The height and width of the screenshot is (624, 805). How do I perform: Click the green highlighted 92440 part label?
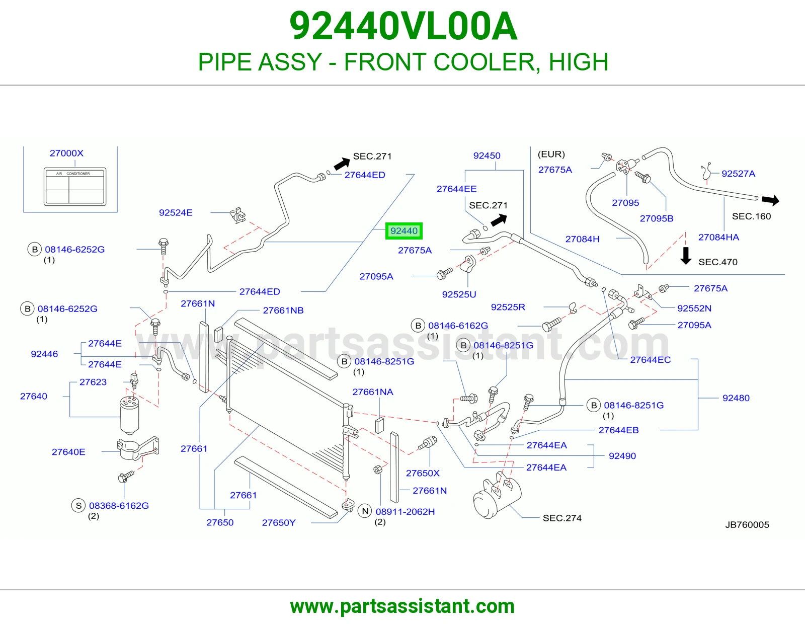[x=404, y=231]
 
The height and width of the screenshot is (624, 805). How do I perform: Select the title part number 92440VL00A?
[x=403, y=26]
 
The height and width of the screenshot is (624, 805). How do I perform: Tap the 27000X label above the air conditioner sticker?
[x=67, y=153]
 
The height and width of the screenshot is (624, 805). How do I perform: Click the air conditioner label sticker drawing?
[x=75, y=186]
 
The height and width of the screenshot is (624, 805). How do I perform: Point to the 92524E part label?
[x=176, y=213]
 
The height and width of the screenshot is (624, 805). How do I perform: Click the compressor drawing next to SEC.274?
[x=497, y=496]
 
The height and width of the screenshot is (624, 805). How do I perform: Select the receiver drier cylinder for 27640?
[x=130, y=415]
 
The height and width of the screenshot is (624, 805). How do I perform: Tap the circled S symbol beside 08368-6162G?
[x=78, y=505]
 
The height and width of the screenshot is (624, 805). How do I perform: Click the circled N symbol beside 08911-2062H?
[x=365, y=511]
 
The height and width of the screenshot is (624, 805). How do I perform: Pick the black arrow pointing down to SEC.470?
[x=686, y=256]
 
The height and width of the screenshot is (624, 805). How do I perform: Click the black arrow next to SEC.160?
[x=771, y=200]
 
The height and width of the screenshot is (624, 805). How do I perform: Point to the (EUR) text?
[x=551, y=154]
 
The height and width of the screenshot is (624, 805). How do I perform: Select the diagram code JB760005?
[x=747, y=525]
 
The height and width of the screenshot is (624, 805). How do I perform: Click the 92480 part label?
[x=736, y=398]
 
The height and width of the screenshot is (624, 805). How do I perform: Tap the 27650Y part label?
[x=279, y=522]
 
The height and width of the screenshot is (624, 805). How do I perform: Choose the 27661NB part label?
[x=283, y=310]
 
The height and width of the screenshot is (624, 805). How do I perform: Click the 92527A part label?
[x=738, y=174]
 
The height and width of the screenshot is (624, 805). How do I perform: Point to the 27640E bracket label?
[x=68, y=452]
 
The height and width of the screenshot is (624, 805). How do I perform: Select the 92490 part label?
[x=622, y=456]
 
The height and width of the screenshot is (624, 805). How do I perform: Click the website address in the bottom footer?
[x=403, y=606]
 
